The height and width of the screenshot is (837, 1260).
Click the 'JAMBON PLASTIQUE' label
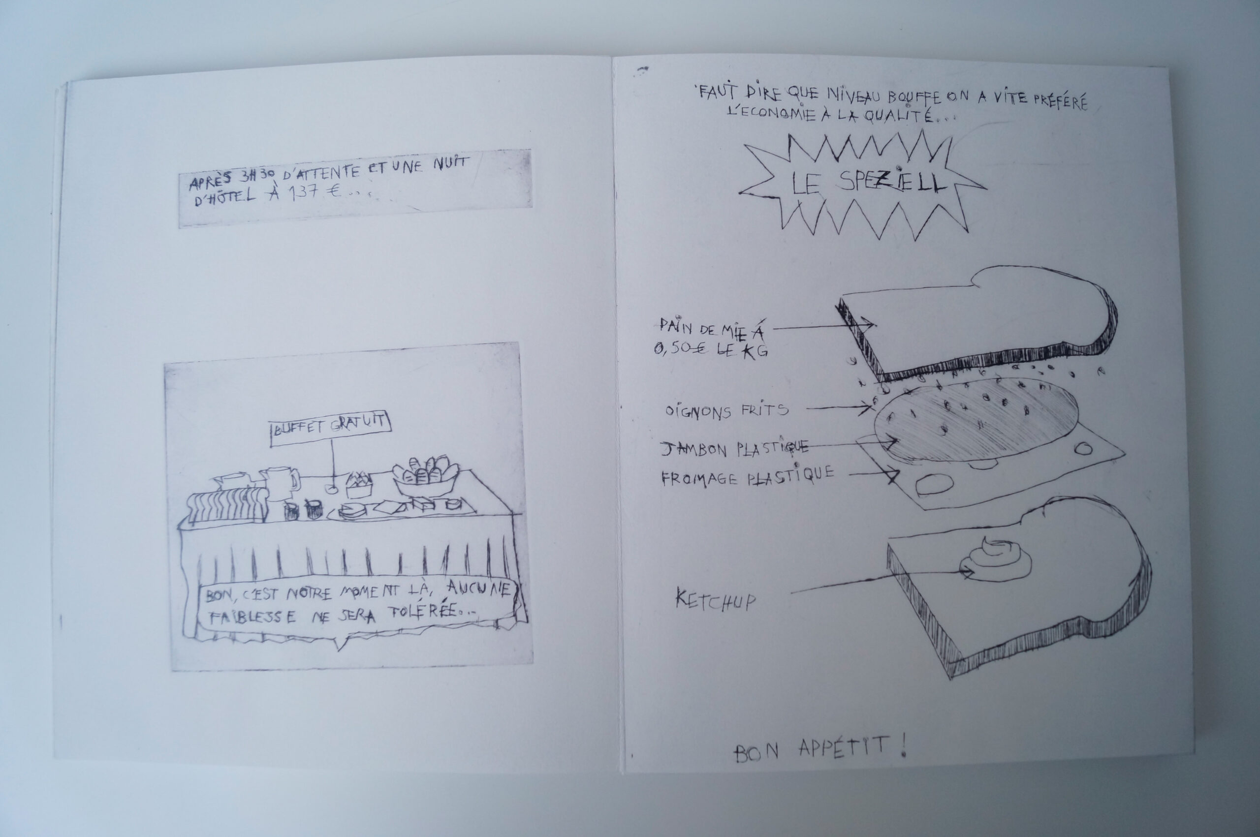click(x=735, y=449)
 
